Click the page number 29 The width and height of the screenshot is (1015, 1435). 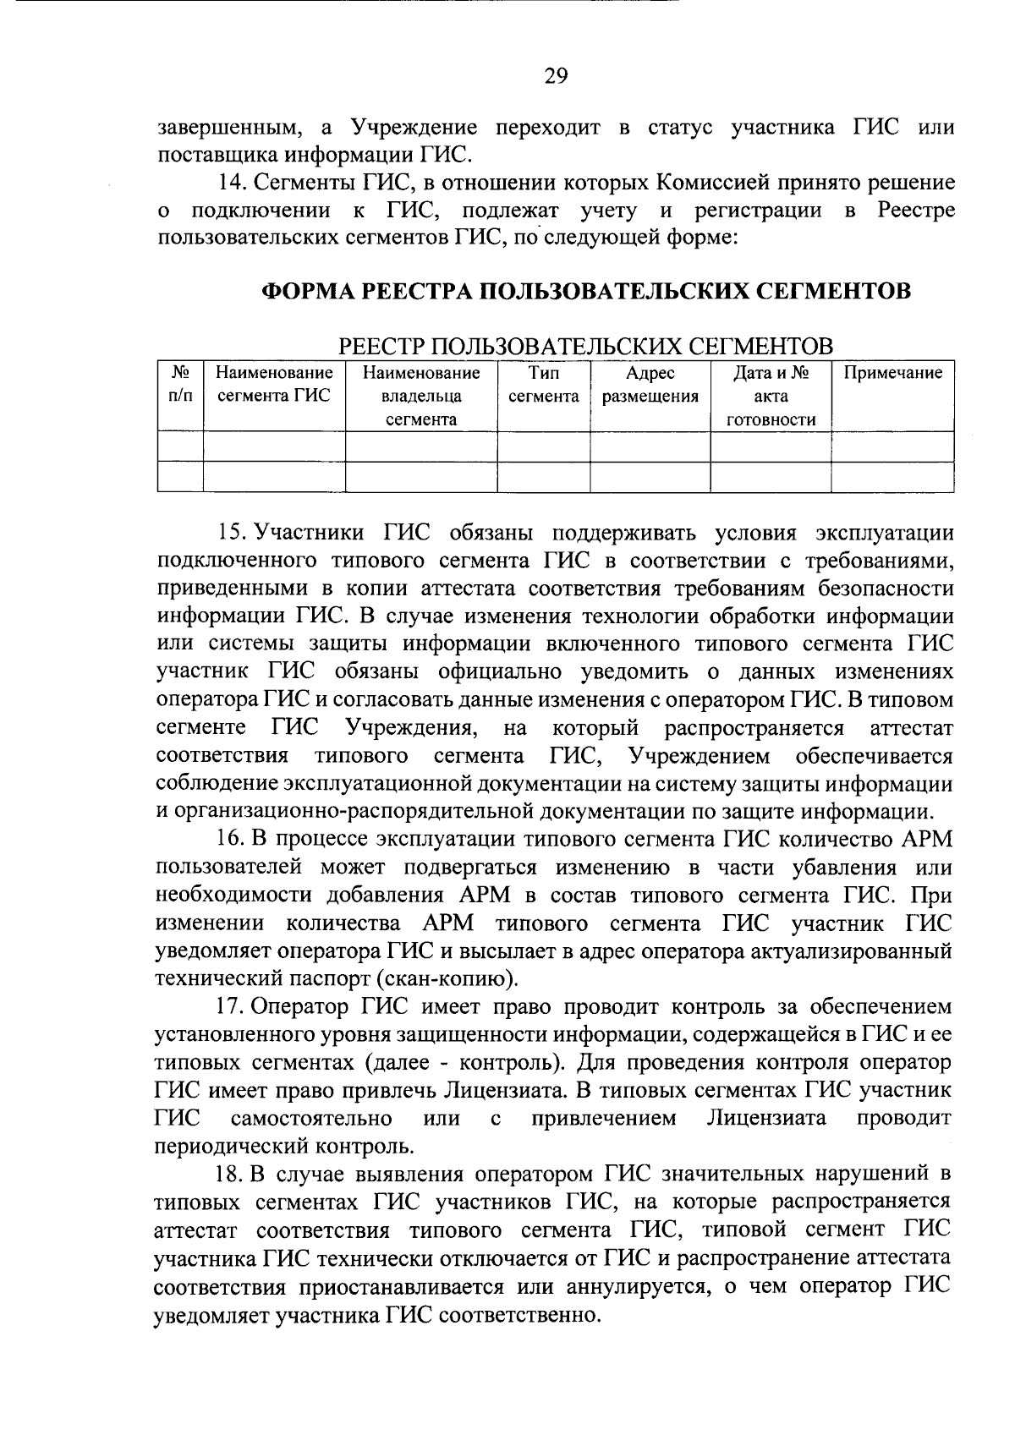point(556,77)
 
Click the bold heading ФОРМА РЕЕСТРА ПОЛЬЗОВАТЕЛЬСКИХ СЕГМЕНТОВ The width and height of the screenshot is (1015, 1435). point(586,292)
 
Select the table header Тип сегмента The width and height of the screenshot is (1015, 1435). point(543,385)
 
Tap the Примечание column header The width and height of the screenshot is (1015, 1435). point(893,373)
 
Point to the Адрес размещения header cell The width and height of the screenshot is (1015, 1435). point(650,385)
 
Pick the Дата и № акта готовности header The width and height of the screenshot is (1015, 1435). point(771,396)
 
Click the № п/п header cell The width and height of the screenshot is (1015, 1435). point(180,385)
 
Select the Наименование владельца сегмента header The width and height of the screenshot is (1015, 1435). point(420,396)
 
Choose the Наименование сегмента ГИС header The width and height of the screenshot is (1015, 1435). point(274,385)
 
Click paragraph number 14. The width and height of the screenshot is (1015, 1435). point(232,183)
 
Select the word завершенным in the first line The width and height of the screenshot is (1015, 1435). point(228,129)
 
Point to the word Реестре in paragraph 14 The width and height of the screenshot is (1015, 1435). point(916,211)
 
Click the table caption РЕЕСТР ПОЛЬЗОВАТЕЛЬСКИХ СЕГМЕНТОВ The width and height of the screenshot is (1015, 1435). point(586,346)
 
